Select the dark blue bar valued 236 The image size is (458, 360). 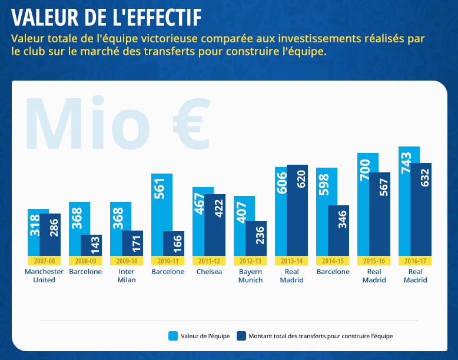coord(256,238)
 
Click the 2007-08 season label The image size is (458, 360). coord(44,261)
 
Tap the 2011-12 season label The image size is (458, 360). coord(209,261)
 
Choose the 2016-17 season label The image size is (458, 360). coord(415,261)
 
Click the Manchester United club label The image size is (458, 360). coord(44,276)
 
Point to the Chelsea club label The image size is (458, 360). coord(209,272)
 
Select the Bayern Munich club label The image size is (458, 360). coord(251,276)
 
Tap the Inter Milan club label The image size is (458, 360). coord(127,276)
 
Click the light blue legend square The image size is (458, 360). coord(173,336)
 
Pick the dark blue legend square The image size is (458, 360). coord(241,336)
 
